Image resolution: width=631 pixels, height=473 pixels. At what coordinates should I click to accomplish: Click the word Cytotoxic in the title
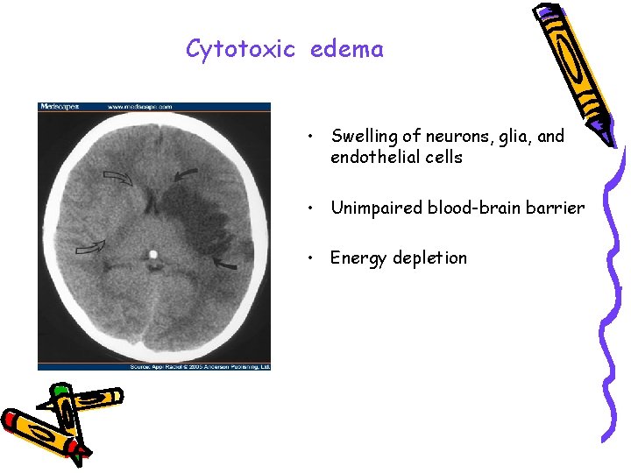(x=240, y=49)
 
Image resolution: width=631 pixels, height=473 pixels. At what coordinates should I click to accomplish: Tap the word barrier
(x=556, y=208)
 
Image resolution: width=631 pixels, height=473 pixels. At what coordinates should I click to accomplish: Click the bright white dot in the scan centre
(x=153, y=255)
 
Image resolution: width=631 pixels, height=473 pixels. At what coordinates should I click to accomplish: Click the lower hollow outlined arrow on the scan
(x=91, y=246)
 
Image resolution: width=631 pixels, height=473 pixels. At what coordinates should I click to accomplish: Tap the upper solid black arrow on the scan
(x=185, y=175)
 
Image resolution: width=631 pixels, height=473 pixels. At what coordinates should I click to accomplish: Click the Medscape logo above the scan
(x=58, y=107)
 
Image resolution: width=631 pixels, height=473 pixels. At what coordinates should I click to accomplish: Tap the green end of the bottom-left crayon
(x=60, y=391)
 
